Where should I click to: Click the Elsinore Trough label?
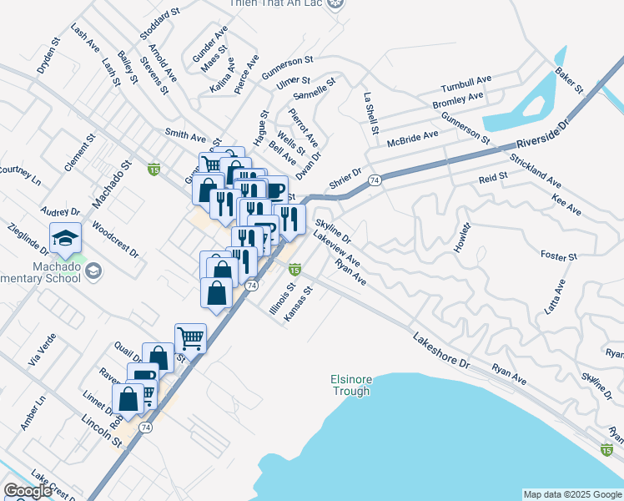pyautogui.click(x=352, y=385)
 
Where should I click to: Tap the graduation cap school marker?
pyautogui.click(x=65, y=240)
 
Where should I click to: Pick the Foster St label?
pyautogui.click(x=559, y=256)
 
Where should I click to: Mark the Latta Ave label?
pyautogui.click(x=556, y=296)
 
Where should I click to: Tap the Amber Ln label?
pyautogui.click(x=39, y=413)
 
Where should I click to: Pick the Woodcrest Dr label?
pyautogui.click(x=114, y=238)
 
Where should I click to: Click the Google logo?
pyautogui.click(x=28, y=491)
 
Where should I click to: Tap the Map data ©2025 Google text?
pyautogui.click(x=571, y=494)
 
